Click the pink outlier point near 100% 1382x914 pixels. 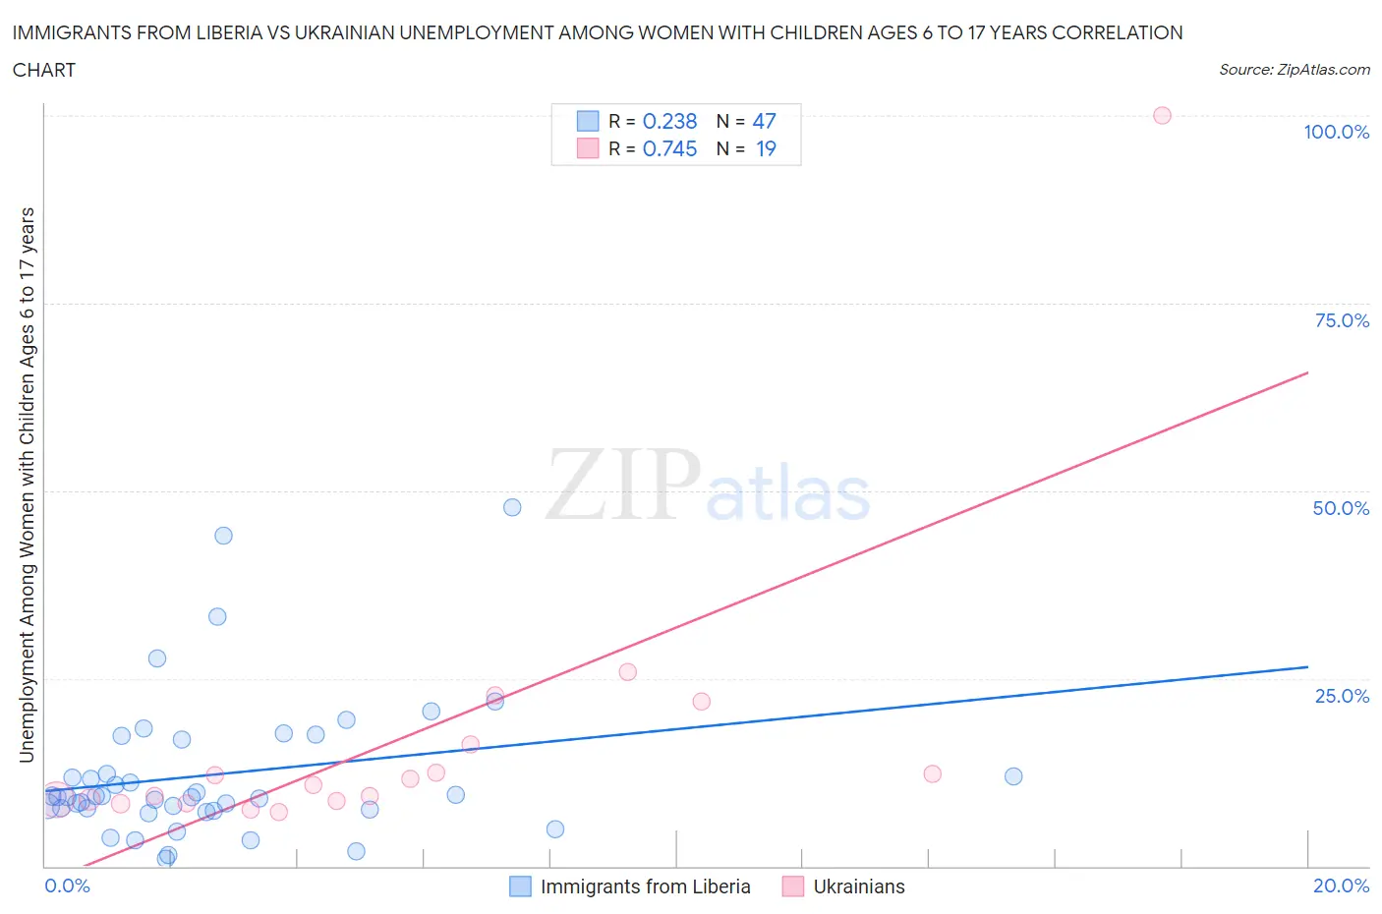1162,115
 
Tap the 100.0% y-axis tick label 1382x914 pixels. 1336,132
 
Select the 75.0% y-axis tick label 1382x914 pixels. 1341,320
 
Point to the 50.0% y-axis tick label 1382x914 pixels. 1340,508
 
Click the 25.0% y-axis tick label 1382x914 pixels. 1341,696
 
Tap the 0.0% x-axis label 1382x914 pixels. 67,885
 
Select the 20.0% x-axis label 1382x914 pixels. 1341,885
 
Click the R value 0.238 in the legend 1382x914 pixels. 669,121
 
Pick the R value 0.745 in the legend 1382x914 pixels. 669,148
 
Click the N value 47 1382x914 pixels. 764,121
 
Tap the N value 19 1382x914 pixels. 766,148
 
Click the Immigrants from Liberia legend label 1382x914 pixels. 645,886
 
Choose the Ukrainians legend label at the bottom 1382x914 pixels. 858,886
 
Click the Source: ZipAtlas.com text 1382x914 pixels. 1294,69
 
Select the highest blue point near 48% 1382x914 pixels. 512,507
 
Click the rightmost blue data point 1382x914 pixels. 1013,776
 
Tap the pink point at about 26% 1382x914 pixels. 628,672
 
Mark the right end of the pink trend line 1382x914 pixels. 1307,372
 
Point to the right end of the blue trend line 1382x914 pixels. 1307,666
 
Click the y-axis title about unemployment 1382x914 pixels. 27,485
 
